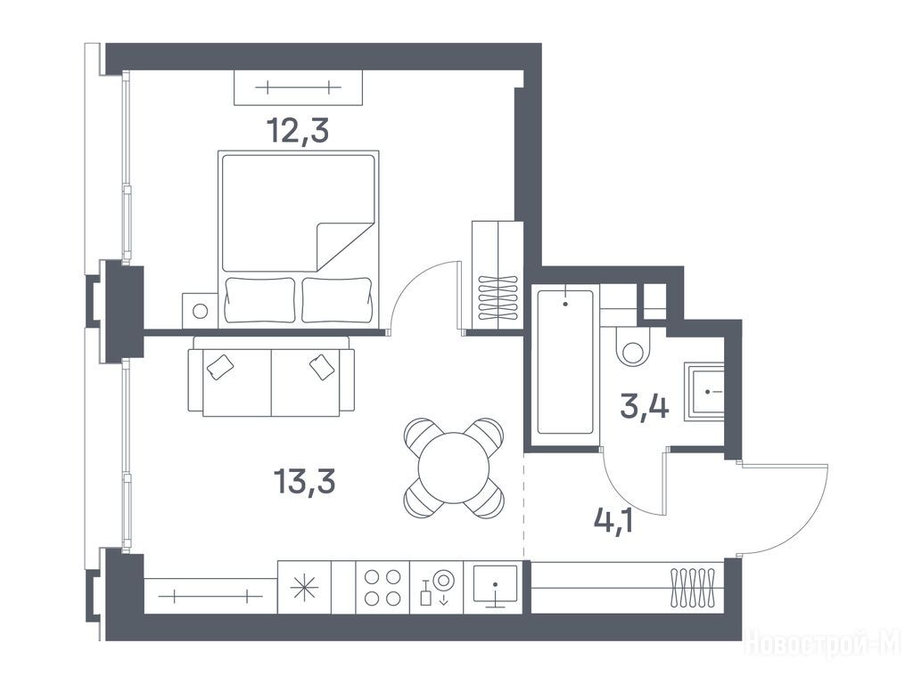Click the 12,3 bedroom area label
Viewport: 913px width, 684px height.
point(298,132)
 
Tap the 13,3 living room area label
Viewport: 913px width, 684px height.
point(304,482)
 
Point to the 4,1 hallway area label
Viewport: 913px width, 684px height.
point(613,520)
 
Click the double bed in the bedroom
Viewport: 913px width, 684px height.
point(298,239)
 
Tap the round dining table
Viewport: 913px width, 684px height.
point(454,468)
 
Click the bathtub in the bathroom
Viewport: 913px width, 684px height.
point(565,362)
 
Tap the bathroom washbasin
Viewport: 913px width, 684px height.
point(704,392)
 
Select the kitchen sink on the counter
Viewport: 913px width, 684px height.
point(495,584)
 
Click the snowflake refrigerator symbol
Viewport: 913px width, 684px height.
point(305,588)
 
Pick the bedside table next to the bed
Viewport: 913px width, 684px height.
point(200,310)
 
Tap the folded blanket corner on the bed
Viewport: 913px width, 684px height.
point(343,248)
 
